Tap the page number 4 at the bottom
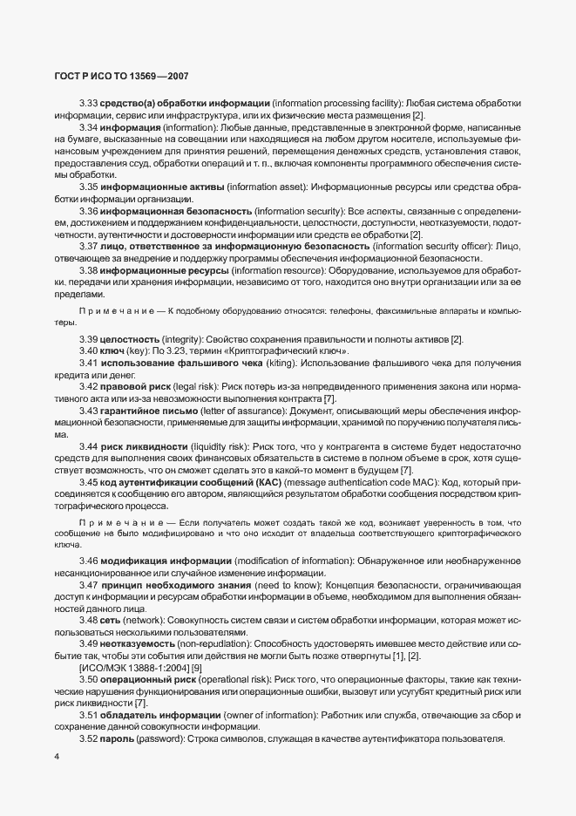pos(57,757)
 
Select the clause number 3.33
pos(89,105)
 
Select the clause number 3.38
pos(89,271)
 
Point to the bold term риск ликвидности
pos(147,446)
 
